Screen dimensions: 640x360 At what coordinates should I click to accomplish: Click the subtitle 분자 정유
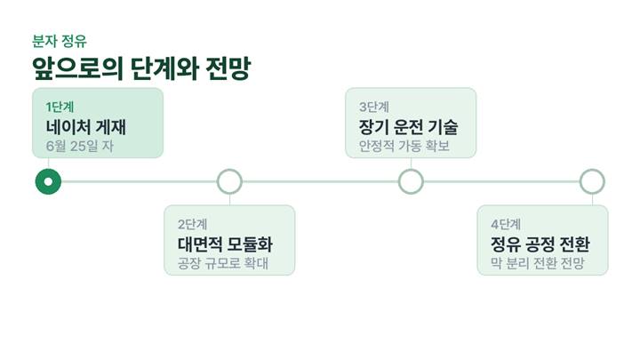point(60,41)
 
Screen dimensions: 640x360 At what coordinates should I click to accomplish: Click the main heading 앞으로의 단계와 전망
point(141,68)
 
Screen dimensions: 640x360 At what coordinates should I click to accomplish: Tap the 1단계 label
point(60,107)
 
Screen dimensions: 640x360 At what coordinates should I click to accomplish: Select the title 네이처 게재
point(86,127)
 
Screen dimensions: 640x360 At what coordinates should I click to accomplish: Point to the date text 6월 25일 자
point(80,146)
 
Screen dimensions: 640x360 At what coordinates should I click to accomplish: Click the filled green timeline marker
point(48,181)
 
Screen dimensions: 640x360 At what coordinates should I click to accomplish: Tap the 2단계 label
point(192,224)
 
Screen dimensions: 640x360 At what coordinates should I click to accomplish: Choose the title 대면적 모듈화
point(225,244)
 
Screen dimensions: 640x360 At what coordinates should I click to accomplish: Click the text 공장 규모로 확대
point(223,263)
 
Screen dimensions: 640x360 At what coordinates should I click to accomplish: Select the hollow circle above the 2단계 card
point(229,170)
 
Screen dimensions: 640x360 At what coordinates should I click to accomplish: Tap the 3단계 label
point(374,107)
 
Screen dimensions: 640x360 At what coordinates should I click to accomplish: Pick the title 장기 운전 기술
point(408,127)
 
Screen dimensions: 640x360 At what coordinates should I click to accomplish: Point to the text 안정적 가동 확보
point(404,146)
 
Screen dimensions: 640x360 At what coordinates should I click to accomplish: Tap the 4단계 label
point(506,224)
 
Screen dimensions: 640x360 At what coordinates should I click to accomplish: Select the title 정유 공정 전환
point(540,244)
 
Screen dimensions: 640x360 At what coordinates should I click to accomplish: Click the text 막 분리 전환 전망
point(538,263)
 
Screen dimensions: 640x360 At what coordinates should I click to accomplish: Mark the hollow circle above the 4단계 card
point(592,170)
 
